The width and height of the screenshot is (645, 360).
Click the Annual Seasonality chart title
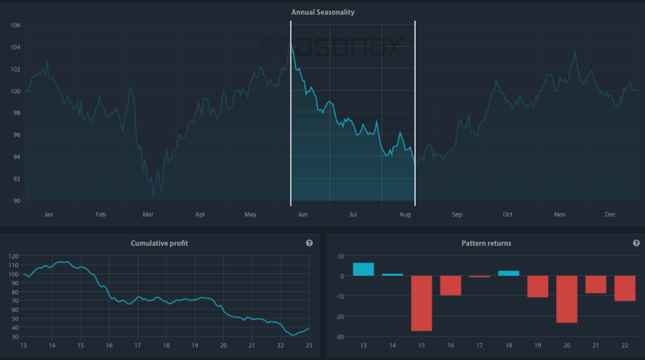pyautogui.click(x=322, y=12)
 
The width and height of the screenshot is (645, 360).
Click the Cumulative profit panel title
pyautogui.click(x=159, y=243)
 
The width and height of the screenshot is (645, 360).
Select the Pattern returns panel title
pyautogui.click(x=486, y=243)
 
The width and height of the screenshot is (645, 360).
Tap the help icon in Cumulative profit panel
pyautogui.click(x=309, y=243)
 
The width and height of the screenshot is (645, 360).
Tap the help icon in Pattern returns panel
pyautogui.click(x=636, y=243)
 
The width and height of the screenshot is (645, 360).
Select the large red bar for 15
pyautogui.click(x=421, y=303)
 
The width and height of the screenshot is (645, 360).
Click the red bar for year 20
pyautogui.click(x=567, y=299)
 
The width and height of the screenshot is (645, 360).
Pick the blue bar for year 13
pyautogui.click(x=363, y=269)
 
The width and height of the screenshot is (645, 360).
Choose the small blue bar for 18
pyautogui.click(x=509, y=273)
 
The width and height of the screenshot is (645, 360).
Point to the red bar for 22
pyautogui.click(x=625, y=289)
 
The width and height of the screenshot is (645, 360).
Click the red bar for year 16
pyautogui.click(x=450, y=286)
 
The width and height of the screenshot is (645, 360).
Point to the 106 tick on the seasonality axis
pyautogui.click(x=15, y=25)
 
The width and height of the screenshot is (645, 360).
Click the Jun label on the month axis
pyautogui.click(x=302, y=214)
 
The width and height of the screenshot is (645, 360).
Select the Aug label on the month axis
pyautogui.click(x=404, y=214)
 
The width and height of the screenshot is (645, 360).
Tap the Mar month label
pyautogui.click(x=148, y=214)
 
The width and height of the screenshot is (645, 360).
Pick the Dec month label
pyautogui.click(x=610, y=214)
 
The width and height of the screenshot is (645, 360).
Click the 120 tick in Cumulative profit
pyautogui.click(x=13, y=256)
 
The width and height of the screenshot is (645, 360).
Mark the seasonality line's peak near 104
pyautogui.click(x=291, y=43)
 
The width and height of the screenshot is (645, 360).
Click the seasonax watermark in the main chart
pyautogui.click(x=332, y=47)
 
